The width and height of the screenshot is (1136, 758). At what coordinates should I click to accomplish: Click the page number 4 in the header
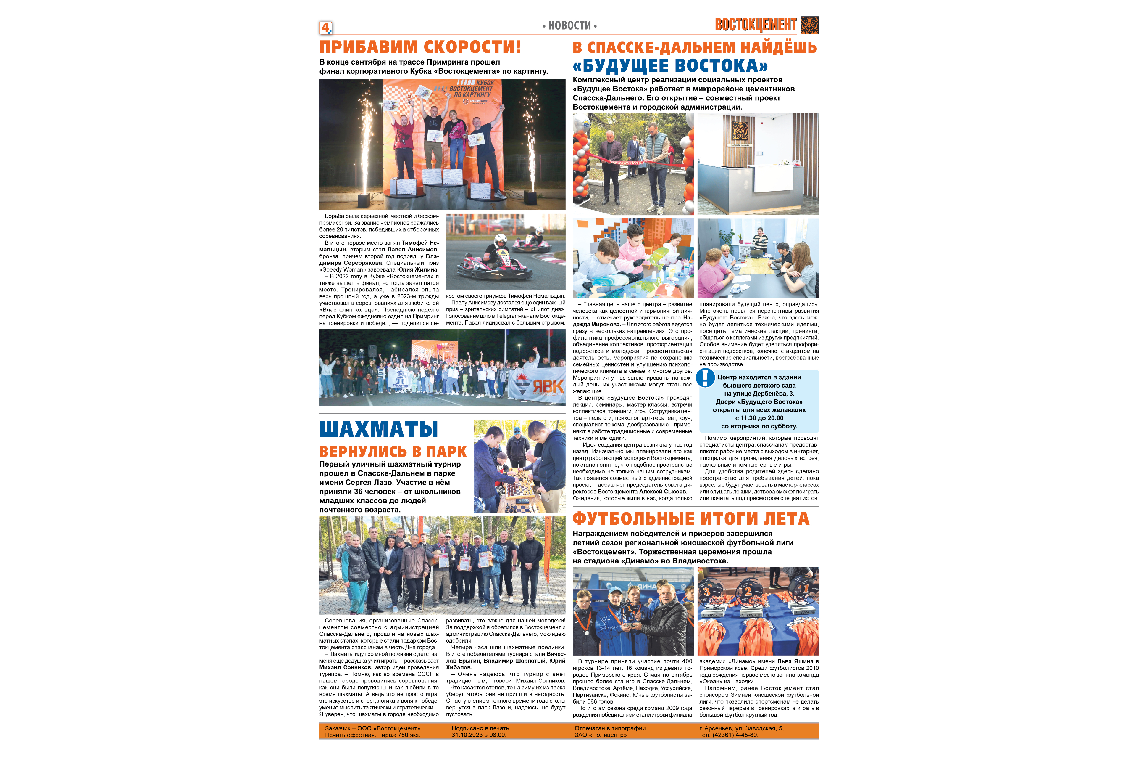[325, 28]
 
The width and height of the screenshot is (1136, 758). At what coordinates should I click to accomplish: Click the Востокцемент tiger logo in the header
[809, 25]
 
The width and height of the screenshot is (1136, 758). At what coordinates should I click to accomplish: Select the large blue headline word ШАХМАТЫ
[379, 429]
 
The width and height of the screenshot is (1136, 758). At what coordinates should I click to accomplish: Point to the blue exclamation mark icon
[706, 378]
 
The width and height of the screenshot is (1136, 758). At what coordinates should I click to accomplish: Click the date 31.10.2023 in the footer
[467, 735]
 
